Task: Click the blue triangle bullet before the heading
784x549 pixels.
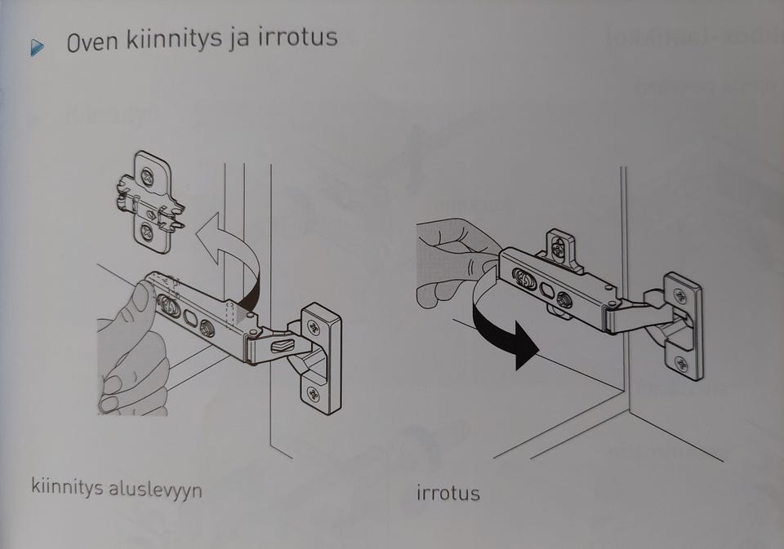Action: point(37,48)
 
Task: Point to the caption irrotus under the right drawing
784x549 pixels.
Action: point(448,494)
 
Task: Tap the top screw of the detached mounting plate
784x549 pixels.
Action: point(147,175)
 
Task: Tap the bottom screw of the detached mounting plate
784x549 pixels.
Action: point(146,232)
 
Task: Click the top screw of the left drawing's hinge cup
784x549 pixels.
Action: point(314,328)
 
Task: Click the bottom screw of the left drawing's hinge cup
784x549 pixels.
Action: point(314,396)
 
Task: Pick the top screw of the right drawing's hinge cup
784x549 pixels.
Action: point(680,296)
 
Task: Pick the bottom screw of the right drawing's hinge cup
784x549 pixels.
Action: point(680,362)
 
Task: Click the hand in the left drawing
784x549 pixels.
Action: point(131,351)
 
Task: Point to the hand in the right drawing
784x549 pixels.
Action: point(449,257)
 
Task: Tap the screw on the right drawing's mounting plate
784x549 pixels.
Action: point(559,250)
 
